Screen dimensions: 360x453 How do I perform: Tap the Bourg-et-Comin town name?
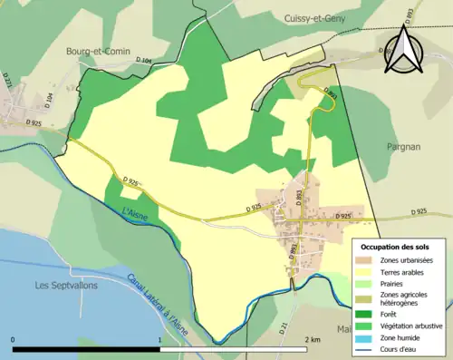(93, 53)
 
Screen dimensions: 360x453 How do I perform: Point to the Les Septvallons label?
(67, 286)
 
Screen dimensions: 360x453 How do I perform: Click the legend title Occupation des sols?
(395, 247)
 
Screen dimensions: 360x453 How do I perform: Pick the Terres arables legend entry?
(402, 272)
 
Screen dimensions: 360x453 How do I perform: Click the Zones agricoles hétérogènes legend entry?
(405, 299)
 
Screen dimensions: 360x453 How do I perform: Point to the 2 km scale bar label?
(313, 339)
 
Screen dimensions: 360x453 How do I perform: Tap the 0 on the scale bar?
(13, 339)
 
